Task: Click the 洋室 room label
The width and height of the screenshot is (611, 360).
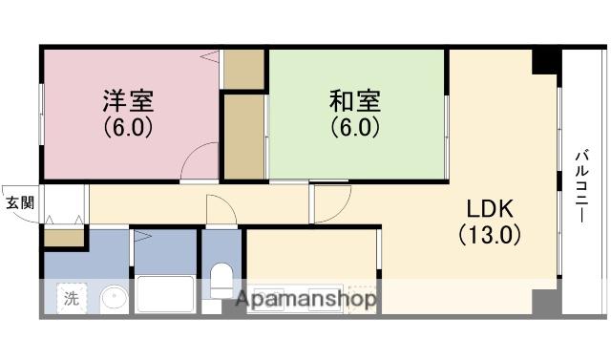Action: (129, 99)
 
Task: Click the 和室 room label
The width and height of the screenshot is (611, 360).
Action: (355, 99)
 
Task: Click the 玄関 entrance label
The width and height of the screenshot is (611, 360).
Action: (19, 202)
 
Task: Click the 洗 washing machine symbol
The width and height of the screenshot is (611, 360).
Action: (72, 298)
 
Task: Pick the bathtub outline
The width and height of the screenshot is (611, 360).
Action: (164, 293)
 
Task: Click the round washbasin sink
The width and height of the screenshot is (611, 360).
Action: (114, 299)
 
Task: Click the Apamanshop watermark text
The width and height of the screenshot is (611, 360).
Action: (305, 299)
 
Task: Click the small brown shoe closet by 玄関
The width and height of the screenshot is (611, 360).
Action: (64, 238)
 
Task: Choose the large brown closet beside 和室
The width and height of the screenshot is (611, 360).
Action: (243, 136)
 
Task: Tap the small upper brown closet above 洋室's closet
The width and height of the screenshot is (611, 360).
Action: (244, 69)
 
